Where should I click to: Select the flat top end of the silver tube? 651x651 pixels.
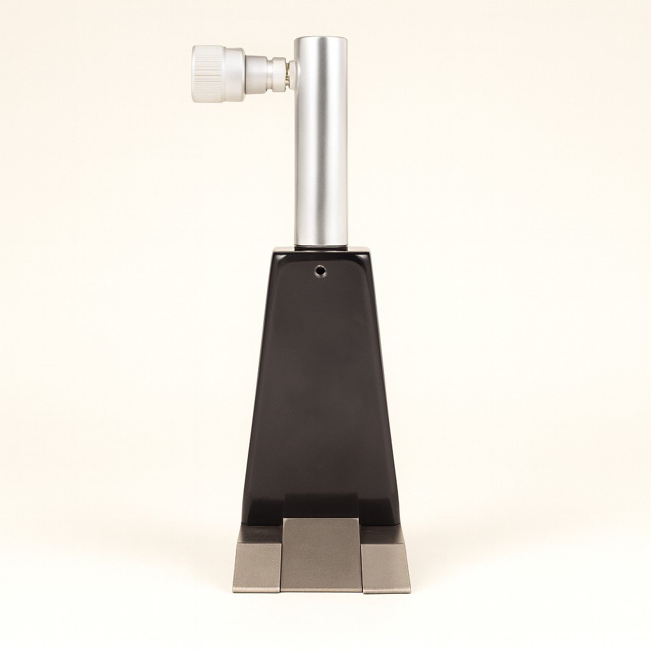[320, 39]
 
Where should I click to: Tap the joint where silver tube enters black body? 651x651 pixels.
[320, 247]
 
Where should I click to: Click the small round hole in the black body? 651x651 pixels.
[320, 271]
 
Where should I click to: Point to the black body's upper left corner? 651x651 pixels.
[275, 254]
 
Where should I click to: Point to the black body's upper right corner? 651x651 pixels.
[367, 254]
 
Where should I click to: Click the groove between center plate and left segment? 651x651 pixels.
[281, 559]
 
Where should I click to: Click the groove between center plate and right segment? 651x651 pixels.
[362, 559]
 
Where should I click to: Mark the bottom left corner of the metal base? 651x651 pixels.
[233, 591]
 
